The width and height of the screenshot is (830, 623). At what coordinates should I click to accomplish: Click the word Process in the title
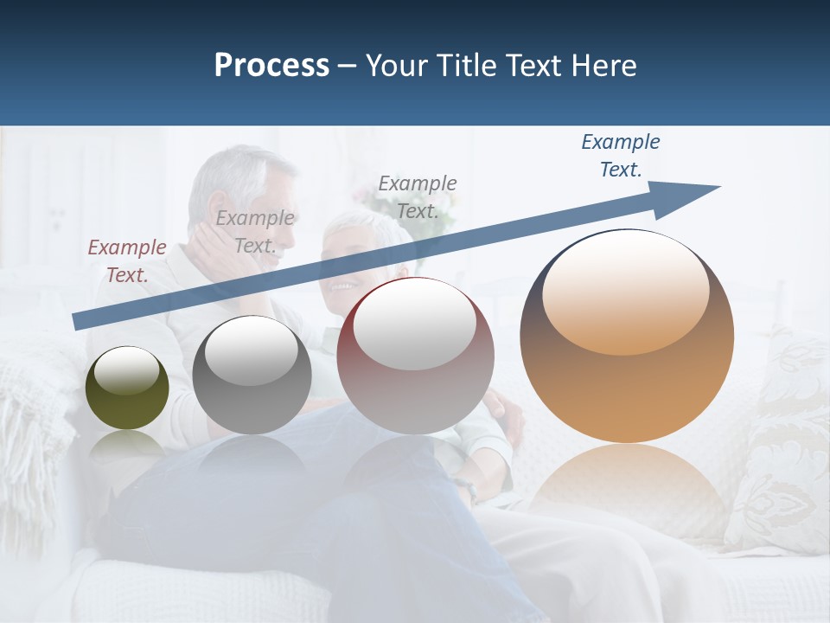click(271, 66)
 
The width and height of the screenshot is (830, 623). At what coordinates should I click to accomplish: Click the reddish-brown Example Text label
click(127, 260)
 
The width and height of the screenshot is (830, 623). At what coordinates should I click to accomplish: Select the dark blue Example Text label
click(621, 155)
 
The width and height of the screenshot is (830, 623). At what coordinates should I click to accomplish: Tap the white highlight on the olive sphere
click(126, 370)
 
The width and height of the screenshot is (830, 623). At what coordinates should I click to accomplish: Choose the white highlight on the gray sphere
click(252, 350)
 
